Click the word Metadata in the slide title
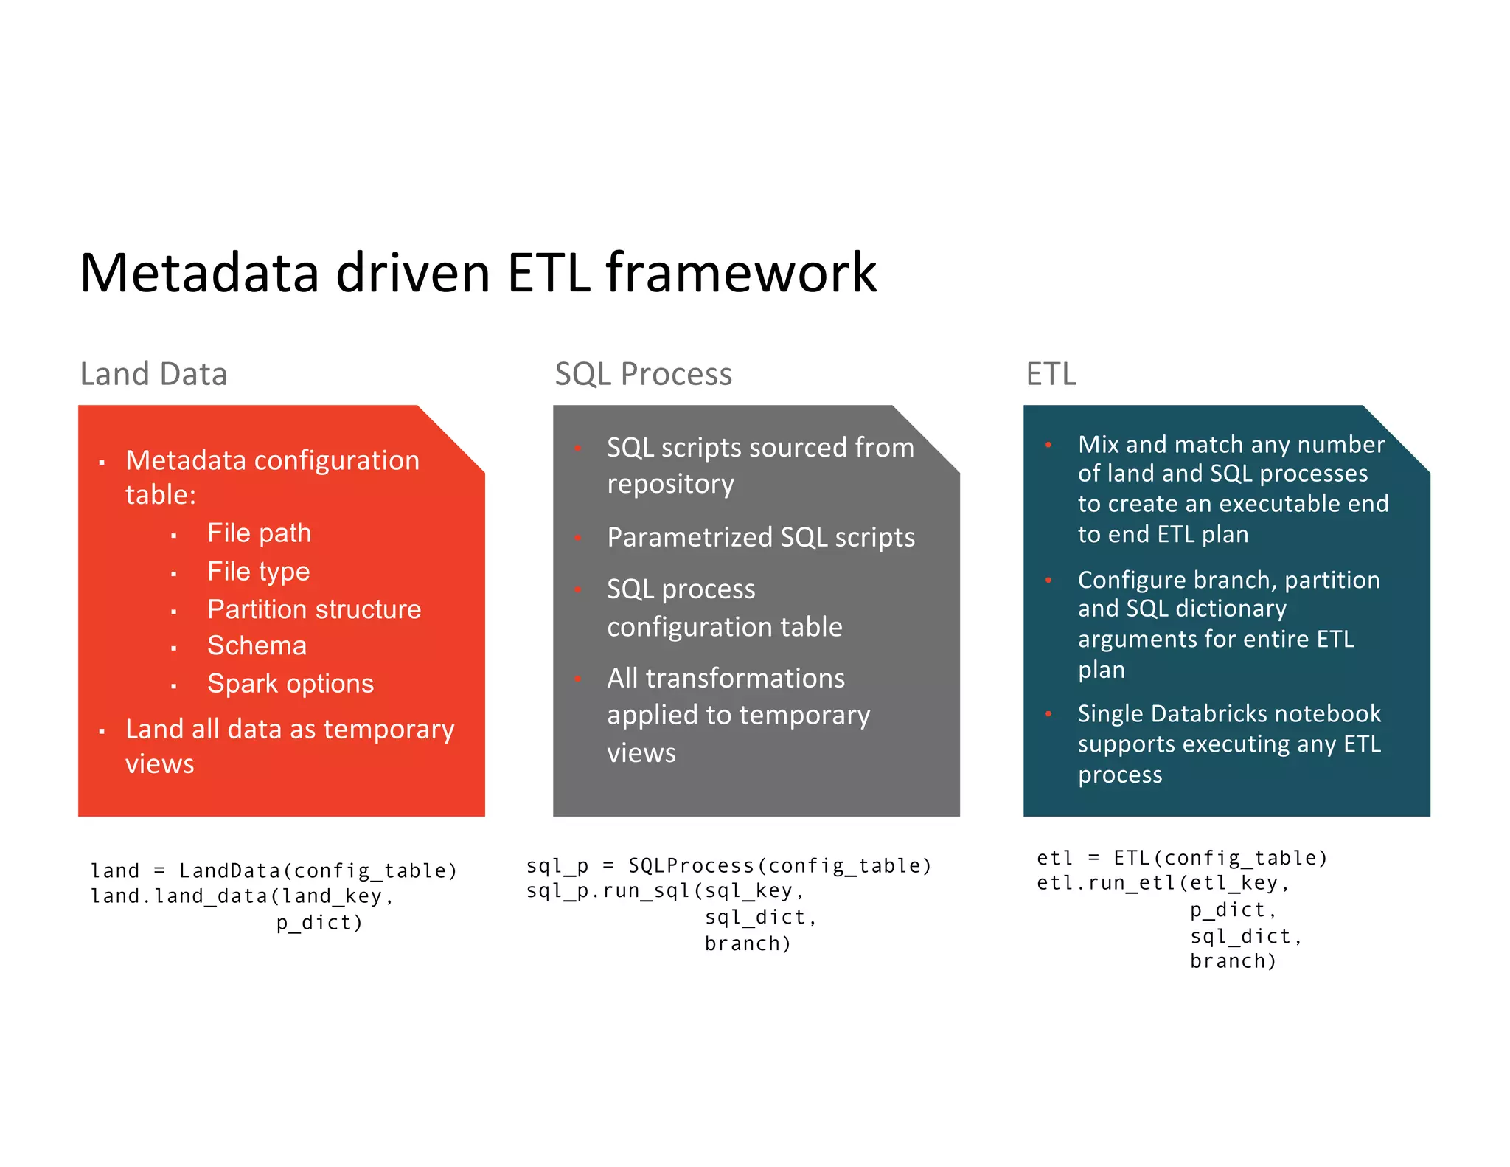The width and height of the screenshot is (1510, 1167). point(199,273)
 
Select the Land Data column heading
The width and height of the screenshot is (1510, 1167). point(153,374)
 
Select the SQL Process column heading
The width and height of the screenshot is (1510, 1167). point(643,374)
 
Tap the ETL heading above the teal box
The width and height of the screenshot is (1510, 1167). point(1051,374)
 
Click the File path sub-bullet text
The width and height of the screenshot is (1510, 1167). point(259,533)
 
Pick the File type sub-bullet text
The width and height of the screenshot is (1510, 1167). point(258,571)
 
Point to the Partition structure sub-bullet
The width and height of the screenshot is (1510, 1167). point(314,609)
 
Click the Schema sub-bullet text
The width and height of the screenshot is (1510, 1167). point(257,645)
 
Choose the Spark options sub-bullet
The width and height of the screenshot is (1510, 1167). point(290,684)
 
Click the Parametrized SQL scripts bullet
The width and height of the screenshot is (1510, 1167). point(760,537)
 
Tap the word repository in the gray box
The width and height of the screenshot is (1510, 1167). point(670,484)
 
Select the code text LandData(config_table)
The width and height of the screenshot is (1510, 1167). point(318,871)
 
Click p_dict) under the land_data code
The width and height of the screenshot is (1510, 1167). point(319,923)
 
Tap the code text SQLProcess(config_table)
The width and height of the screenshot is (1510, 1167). point(779,865)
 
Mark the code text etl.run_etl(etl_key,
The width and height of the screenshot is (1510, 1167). point(1163,883)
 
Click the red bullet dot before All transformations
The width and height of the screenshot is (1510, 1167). point(579,679)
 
